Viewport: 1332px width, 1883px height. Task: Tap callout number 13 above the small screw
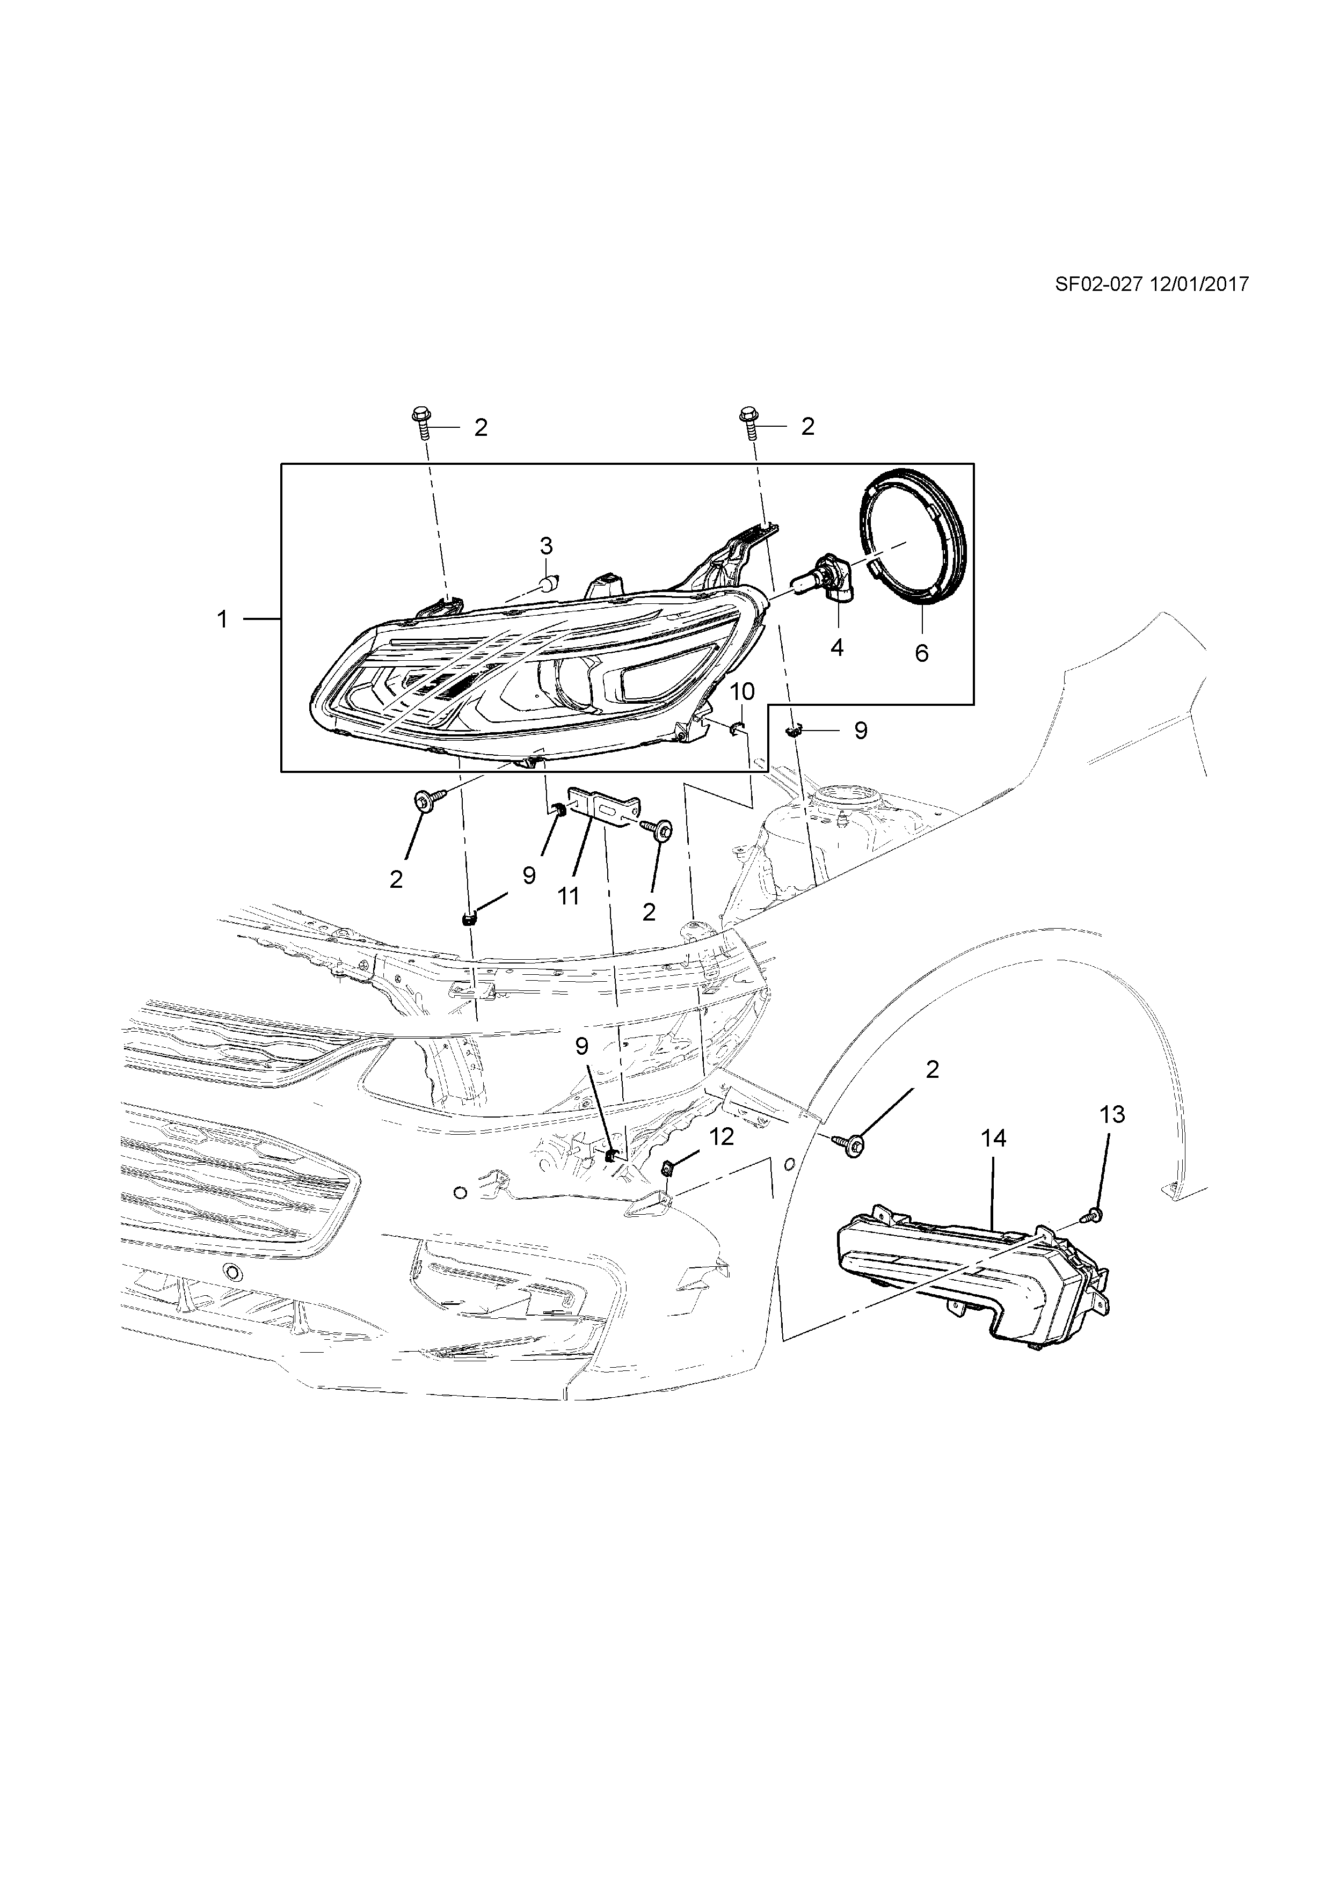tap(1112, 1114)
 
